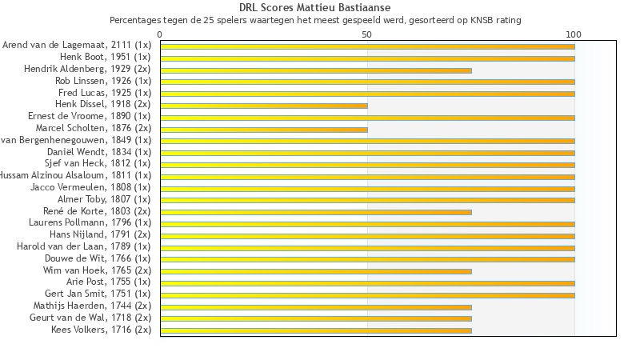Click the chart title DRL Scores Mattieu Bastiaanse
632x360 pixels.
[x=314, y=8]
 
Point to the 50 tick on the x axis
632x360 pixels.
[x=366, y=34]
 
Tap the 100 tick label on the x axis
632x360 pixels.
[x=574, y=34]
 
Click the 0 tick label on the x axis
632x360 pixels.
[x=160, y=34]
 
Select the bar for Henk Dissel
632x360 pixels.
[x=264, y=106]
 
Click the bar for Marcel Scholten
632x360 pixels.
[x=264, y=130]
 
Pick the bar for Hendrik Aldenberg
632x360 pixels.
[x=316, y=70]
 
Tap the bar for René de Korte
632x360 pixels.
[x=316, y=212]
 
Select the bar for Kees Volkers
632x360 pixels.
[x=316, y=330]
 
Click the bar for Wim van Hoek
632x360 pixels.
[x=316, y=271]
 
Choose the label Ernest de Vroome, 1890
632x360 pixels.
[x=89, y=116]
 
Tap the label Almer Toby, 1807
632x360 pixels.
[x=104, y=199]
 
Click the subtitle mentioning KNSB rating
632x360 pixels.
[x=314, y=20]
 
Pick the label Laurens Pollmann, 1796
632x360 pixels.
[x=90, y=222]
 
